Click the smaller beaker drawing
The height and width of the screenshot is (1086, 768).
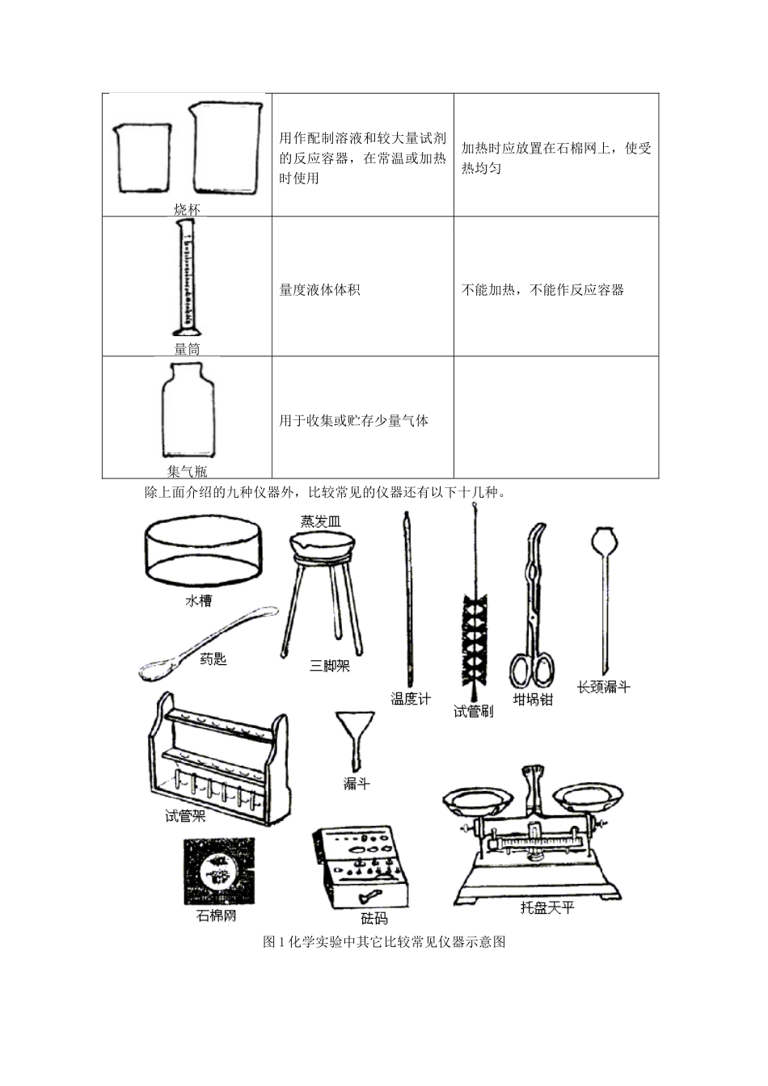145,158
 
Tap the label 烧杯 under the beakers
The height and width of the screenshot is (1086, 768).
187,209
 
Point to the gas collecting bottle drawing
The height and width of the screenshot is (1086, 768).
188,411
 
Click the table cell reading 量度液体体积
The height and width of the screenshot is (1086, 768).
319,290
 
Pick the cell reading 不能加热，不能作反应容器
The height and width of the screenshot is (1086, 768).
542,290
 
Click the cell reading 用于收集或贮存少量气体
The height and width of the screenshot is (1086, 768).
353,421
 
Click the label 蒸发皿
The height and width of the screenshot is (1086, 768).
321,522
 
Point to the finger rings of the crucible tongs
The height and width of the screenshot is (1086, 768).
531,671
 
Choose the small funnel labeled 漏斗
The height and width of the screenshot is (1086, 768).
355,736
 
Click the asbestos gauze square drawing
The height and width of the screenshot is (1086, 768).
218,871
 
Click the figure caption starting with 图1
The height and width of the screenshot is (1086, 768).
384,942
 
